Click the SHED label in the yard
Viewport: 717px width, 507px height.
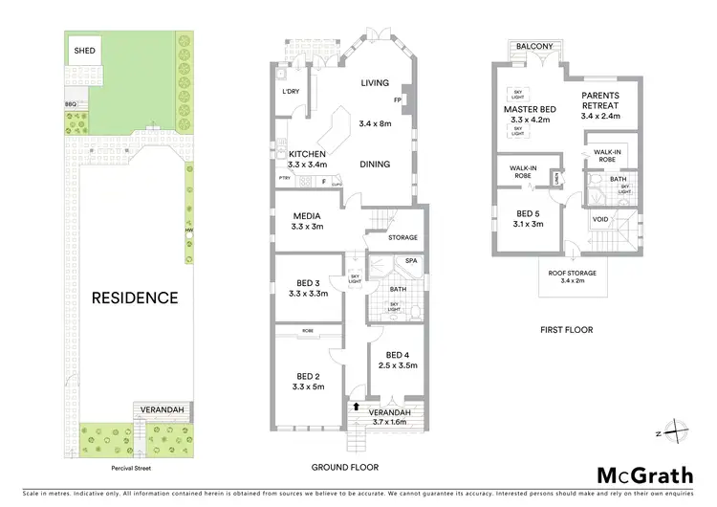[84, 51]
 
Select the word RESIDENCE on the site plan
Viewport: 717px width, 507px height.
[135, 298]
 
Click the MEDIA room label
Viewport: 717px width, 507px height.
[307, 215]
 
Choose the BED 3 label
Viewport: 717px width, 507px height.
[308, 282]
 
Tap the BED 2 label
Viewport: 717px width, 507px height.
[308, 375]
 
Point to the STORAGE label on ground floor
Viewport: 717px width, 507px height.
[402, 237]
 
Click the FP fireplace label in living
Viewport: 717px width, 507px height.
[396, 100]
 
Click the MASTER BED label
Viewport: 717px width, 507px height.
[532, 109]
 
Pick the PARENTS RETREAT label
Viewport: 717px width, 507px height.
[600, 100]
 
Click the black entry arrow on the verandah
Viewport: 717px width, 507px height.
[358, 406]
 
